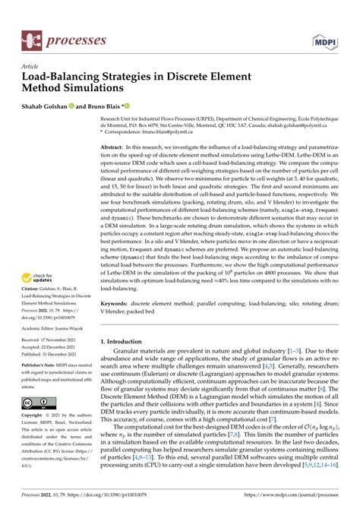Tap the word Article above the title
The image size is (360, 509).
(x=31, y=66)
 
